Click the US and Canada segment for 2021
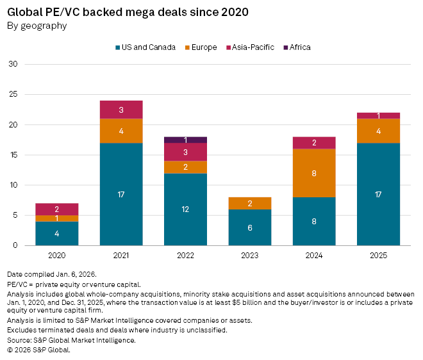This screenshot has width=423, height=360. point(121,194)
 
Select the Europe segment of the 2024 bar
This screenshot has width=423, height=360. point(314,173)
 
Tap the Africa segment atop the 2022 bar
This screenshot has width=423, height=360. point(186,140)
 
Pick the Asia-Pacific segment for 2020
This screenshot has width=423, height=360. point(57,209)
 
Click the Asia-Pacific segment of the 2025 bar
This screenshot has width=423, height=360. point(378,115)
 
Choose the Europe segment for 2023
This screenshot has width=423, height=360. point(250,203)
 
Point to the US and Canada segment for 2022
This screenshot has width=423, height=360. point(186,209)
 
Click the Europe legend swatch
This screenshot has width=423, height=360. point(187,47)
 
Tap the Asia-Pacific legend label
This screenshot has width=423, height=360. point(253,47)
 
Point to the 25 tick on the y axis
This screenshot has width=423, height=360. point(13,94)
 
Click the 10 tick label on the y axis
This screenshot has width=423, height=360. point(13,185)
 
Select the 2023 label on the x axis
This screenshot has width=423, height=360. point(250,254)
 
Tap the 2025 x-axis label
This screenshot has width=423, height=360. point(378,254)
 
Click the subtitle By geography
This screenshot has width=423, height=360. point(37,26)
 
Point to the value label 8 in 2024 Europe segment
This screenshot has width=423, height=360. point(314,173)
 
